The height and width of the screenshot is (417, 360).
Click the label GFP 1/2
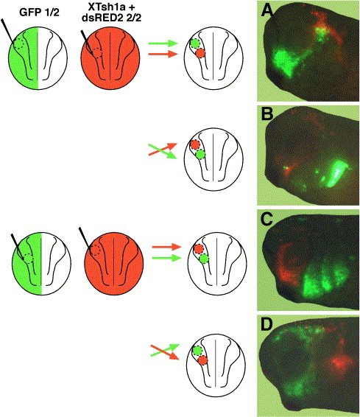click(x=39, y=13)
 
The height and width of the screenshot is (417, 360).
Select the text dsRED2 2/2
click(x=111, y=18)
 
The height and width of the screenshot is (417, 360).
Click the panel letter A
click(x=267, y=10)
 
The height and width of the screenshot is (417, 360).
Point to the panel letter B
click(x=267, y=115)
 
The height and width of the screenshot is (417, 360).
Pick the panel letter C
click(x=267, y=220)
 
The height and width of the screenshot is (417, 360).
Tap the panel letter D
click(x=267, y=325)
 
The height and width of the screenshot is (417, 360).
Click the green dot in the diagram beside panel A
click(x=195, y=43)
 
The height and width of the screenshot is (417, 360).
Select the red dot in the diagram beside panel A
click(x=200, y=54)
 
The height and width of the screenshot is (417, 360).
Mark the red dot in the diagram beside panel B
click(x=195, y=144)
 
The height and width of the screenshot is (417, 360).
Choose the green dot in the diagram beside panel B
click(x=200, y=155)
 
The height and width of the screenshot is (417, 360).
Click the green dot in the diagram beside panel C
click(x=204, y=259)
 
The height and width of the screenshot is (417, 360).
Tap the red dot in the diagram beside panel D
click(x=202, y=360)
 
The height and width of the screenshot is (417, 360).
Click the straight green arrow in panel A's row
click(x=163, y=43)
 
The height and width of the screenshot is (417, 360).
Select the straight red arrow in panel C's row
click(x=166, y=247)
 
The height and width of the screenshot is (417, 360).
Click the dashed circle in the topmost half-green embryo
click(x=19, y=43)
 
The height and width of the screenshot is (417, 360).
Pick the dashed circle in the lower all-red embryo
click(x=95, y=250)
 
